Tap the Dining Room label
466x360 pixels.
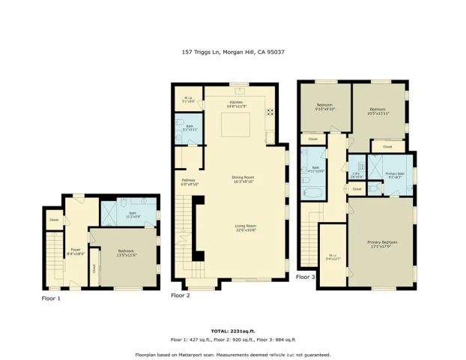pyautogui.click(x=243, y=178)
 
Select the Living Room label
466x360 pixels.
pyautogui.click(x=246, y=226)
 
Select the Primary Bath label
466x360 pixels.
pyautogui.click(x=395, y=174)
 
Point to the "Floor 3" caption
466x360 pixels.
pyautogui.click(x=306, y=277)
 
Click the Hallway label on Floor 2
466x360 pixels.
pyautogui.click(x=188, y=180)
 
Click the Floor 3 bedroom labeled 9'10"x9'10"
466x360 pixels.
pyautogui.click(x=324, y=106)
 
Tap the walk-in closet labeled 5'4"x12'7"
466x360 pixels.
pyautogui.click(x=333, y=258)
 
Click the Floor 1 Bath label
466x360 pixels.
pyautogui.click(x=132, y=214)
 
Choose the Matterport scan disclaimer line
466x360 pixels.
pyautogui.click(x=232, y=354)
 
